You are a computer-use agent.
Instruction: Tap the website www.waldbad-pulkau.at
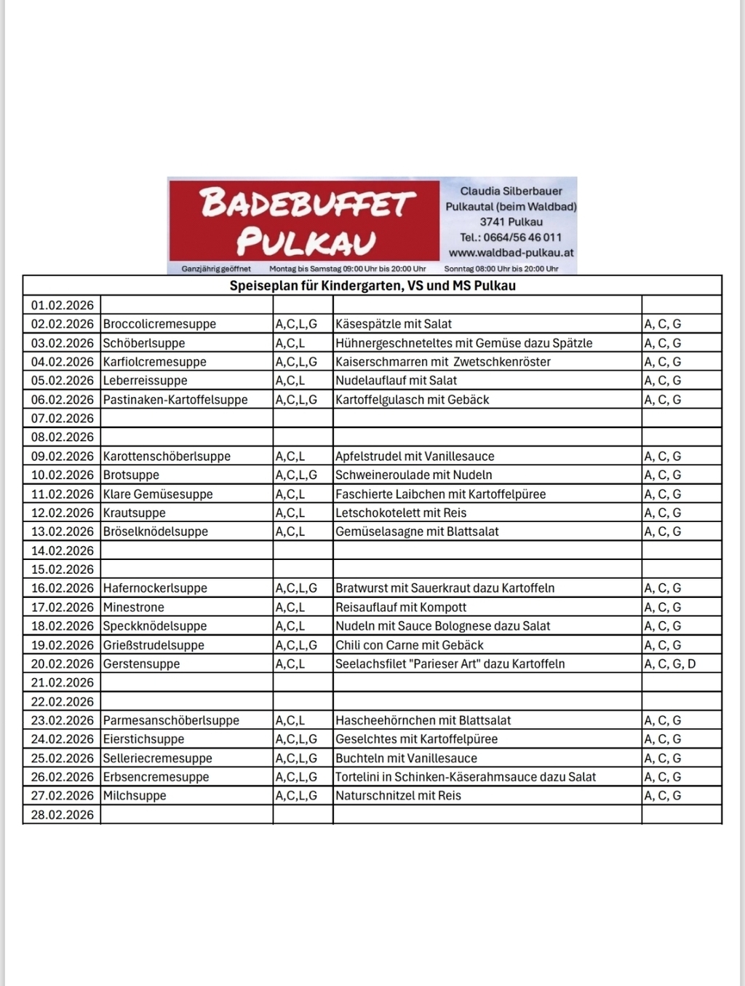(x=511, y=253)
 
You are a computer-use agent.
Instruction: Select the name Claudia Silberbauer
(x=511, y=191)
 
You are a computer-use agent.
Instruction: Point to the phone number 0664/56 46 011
(x=522, y=237)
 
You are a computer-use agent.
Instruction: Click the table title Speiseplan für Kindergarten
(x=372, y=285)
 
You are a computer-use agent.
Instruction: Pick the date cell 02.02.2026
(x=63, y=324)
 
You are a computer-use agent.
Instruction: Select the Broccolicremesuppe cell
(x=159, y=324)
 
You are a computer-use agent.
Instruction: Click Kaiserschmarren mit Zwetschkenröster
(x=442, y=362)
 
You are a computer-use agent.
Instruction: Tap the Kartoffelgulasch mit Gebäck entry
(x=412, y=400)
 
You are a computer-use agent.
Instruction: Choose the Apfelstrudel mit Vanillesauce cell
(x=415, y=457)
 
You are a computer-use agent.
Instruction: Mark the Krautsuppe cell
(x=134, y=513)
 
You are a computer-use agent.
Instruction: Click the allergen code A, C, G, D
(x=669, y=664)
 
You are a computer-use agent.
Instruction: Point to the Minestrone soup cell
(x=133, y=607)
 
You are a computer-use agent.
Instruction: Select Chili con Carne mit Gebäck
(x=409, y=645)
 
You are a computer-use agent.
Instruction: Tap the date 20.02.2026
(x=63, y=664)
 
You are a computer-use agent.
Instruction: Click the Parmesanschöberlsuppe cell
(x=171, y=720)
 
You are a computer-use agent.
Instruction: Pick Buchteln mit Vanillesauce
(x=406, y=758)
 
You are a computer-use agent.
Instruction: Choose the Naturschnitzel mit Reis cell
(x=398, y=796)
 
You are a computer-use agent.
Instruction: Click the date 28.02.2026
(x=63, y=815)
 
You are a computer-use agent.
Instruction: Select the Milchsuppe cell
(x=135, y=796)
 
